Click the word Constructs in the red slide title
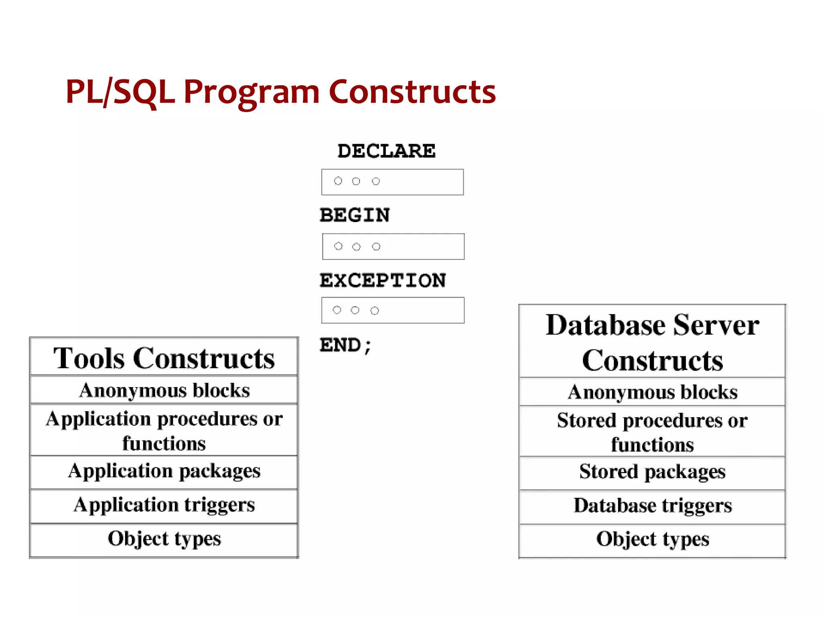412,92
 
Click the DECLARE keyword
386,151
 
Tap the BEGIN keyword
354,215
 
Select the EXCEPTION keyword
383,280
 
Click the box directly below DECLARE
392,182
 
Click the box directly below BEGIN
393,246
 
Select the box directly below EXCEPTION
393,310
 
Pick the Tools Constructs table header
164,358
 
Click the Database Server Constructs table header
652,342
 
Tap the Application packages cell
164,471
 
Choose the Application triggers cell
164,505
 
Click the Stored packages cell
652,472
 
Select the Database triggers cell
652,505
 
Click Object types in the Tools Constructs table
164,539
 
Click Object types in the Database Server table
652,539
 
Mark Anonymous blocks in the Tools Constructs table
164,390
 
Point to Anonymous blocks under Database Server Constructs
652,392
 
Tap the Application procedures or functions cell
164,431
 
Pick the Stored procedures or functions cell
652,432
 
